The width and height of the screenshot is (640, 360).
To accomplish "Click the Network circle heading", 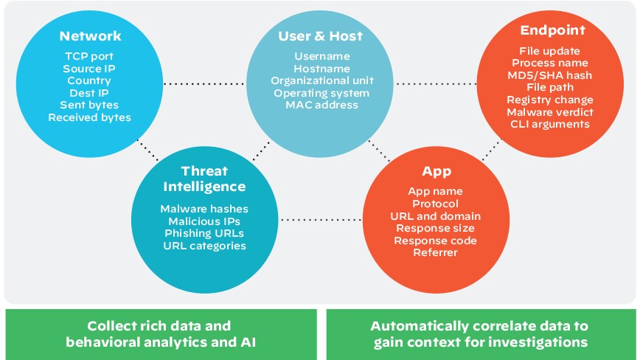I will (x=90, y=36).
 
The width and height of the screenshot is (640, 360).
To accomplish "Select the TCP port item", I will (x=90, y=56).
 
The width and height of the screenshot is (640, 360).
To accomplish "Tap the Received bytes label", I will (x=90, y=117).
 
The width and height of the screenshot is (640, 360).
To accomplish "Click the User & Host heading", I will (x=321, y=36).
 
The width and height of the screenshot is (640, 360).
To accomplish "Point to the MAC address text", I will (x=321, y=105).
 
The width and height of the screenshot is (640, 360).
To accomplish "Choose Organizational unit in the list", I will (x=321, y=80).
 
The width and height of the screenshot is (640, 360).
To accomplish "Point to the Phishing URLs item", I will (x=204, y=233).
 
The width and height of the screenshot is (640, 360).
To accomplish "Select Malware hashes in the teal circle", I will (x=204, y=209).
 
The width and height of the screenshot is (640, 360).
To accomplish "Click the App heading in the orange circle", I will (x=436, y=172).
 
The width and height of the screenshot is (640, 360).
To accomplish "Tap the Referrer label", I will (x=436, y=252).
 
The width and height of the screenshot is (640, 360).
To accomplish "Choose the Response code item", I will (x=436, y=240).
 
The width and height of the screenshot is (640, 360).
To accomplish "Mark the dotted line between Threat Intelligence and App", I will (x=320, y=220).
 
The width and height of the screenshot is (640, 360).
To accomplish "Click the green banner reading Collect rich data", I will (x=160, y=333).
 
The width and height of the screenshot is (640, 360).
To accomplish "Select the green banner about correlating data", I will (x=480, y=333).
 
